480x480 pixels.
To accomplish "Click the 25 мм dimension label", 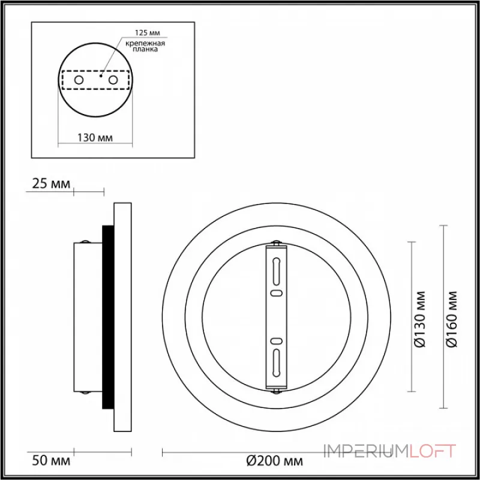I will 50,184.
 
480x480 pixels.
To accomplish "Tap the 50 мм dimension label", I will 50,461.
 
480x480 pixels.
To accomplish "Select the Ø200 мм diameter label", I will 275,461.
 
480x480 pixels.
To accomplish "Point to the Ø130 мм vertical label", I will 421,318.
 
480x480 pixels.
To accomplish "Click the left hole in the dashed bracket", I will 78,80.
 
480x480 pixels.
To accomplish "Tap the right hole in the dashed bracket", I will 113,80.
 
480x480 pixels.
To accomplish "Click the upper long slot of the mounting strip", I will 276,271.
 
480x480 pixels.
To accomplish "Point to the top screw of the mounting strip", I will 276,243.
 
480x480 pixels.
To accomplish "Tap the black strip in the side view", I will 108,317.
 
